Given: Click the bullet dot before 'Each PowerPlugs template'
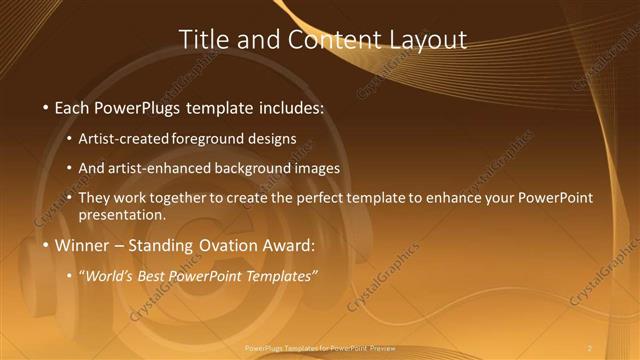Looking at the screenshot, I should tap(45, 107).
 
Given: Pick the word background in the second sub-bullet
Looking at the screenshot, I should tap(250, 168).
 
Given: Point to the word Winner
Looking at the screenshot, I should tap(82, 245).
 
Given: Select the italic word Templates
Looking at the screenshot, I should tap(282, 275).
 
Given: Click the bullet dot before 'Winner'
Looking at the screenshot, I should tap(45, 245).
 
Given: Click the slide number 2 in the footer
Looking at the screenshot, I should tap(590, 347).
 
